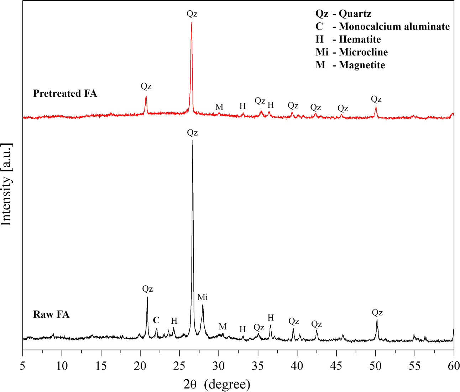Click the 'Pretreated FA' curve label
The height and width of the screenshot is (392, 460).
(x=65, y=94)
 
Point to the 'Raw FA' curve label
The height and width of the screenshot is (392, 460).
(x=51, y=314)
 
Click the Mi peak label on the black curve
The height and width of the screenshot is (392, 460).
(x=203, y=297)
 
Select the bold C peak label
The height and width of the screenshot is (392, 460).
(x=156, y=320)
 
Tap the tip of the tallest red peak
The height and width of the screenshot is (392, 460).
(x=192, y=22)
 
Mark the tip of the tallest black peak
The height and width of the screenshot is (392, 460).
(x=193, y=141)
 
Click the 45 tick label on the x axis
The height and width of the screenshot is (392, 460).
(x=336, y=366)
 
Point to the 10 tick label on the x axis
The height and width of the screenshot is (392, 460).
(x=62, y=366)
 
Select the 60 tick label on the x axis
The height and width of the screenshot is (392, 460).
(x=453, y=366)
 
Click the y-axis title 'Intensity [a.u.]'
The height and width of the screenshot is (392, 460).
(x=7, y=184)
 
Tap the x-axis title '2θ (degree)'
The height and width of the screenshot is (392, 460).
(x=216, y=384)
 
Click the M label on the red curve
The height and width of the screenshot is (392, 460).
(x=219, y=107)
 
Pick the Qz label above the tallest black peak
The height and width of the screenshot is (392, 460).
(x=192, y=133)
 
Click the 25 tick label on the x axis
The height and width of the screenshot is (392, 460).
(x=179, y=366)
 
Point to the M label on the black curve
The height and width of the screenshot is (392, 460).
(x=223, y=327)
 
